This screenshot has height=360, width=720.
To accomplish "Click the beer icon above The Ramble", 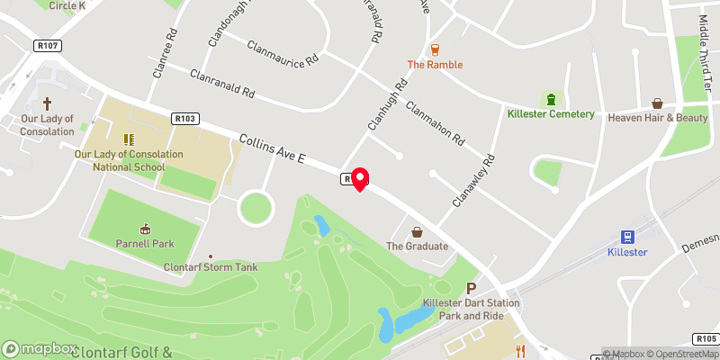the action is coord(435,49).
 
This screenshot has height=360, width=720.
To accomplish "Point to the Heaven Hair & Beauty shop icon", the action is coord(657,103).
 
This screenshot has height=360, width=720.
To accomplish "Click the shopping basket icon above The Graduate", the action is coord(416,231).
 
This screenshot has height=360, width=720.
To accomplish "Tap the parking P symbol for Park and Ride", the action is coord(471,289).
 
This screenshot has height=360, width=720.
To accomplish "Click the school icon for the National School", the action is coord(128,139).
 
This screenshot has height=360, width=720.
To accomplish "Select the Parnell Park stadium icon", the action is coord(145,229).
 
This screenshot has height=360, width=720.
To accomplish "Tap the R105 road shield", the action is coord(705,338).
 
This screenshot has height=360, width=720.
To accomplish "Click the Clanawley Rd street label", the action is coord(476,181).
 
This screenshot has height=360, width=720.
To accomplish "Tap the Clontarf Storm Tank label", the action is coord(210,267).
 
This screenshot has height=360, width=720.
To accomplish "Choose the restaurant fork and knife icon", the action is coord(519,349).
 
